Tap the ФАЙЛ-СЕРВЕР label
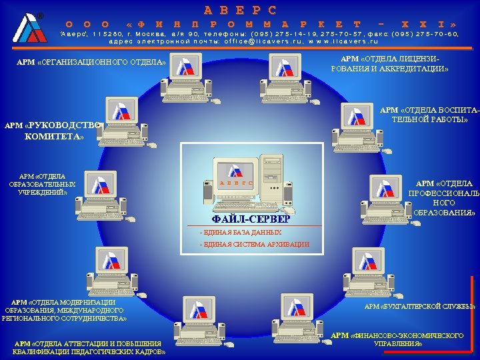point(251,219)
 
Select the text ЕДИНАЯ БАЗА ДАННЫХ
point(241,232)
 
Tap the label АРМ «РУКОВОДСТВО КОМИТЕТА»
point(52,131)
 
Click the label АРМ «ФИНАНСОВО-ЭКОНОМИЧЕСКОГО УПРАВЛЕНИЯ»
point(397,339)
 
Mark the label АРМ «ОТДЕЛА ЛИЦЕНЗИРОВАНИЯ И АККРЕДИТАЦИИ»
point(389,63)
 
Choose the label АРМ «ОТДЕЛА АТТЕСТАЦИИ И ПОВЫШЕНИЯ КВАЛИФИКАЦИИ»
point(89,347)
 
